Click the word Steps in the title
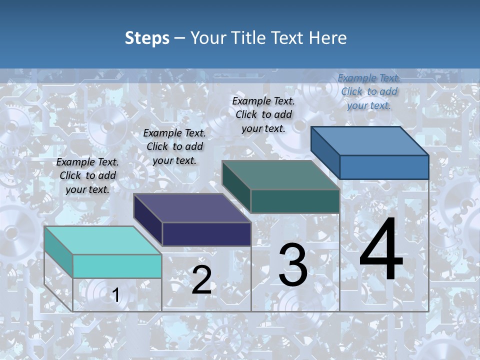(x=146, y=38)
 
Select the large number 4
(x=381, y=249)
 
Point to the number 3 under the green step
(x=293, y=265)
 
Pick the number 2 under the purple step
(x=201, y=280)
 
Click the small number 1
(x=115, y=295)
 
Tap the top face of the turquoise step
(x=102, y=240)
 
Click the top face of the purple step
(x=191, y=208)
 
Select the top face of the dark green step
(x=280, y=175)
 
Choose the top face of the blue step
(x=369, y=141)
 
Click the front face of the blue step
(x=384, y=167)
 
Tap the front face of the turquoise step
(x=117, y=266)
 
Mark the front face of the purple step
(x=206, y=234)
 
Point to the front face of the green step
(x=295, y=201)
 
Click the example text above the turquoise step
(x=87, y=175)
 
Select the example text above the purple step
(x=174, y=146)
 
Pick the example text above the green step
(x=263, y=114)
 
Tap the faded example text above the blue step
(x=369, y=91)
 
